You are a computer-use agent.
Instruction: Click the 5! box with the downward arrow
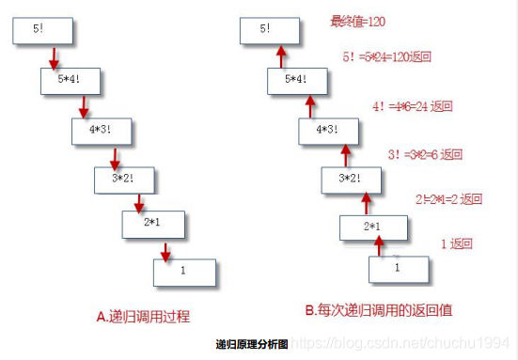coord(39,30)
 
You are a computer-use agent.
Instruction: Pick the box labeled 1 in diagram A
coord(184,271)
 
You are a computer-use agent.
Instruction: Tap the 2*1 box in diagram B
coord(374,227)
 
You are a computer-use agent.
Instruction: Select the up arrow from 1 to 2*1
coord(381,246)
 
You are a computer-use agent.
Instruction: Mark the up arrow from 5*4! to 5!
coord(279,56)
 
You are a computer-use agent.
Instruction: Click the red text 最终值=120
coord(357,20)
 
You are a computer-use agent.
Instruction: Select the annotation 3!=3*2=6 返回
coord(426,154)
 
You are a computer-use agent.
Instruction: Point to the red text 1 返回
coord(456,244)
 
